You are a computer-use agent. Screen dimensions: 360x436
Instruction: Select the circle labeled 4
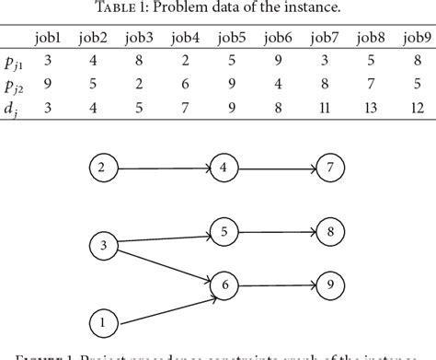pyautogui.click(x=223, y=168)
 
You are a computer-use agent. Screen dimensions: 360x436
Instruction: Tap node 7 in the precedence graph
pyautogui.click(x=330, y=168)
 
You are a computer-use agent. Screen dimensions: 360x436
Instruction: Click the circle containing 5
pyautogui.click(x=223, y=231)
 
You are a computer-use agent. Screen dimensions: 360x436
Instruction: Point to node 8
pyautogui.click(x=330, y=231)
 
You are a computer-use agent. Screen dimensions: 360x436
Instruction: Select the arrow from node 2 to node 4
pyautogui.click(x=161, y=168)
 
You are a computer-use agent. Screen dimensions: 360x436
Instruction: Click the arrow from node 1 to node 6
pyautogui.click(x=161, y=306)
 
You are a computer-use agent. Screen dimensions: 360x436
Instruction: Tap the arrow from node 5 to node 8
pyautogui.click(x=276, y=231)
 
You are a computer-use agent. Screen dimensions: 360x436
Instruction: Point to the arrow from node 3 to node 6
pyautogui.click(x=161, y=265)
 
